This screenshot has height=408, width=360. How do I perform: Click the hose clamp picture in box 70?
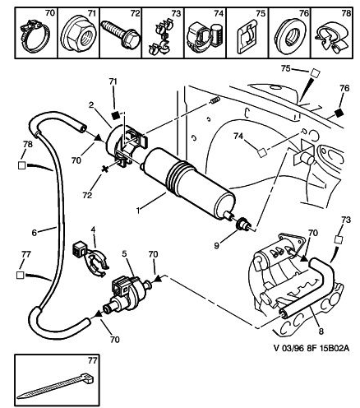pos(35,37)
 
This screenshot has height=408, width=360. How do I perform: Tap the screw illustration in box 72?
pos(121,35)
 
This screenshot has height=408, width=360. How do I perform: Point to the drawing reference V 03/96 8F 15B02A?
pos(312,348)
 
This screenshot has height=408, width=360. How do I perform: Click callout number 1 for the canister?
pos(138,211)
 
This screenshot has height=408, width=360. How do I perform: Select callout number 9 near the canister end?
pos(216,246)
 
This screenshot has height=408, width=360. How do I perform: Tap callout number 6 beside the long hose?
pos(35,233)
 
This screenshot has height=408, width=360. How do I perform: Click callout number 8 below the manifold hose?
pos(321,331)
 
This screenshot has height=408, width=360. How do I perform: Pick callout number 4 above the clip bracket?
pos(93,229)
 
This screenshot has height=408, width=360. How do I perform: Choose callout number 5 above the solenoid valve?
pos(125,254)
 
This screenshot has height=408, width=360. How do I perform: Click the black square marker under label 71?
pos(116,115)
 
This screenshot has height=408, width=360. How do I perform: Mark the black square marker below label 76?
pos(339,113)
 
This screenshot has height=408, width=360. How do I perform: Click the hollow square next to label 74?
pos(261,152)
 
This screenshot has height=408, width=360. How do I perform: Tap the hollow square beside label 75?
pos(316,73)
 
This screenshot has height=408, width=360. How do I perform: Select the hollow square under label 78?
pos(21,165)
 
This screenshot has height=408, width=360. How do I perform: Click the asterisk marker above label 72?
pos(105,169)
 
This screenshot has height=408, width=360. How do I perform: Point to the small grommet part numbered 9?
pos(242,224)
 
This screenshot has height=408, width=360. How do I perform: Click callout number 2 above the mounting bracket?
pos(91,104)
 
